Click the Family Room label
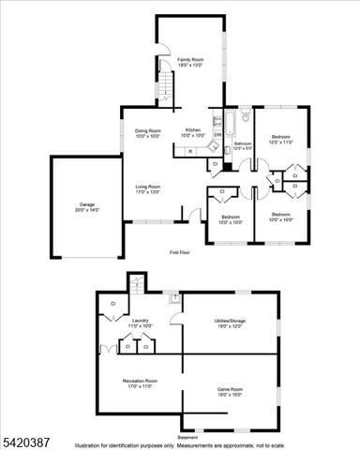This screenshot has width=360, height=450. pos(190,62)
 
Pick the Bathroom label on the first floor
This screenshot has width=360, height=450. pos(243,145)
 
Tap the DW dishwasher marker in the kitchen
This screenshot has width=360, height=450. pos(217,135)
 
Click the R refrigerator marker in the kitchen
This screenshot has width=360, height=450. pos(190,150)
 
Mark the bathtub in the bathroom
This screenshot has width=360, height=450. pos(229,122)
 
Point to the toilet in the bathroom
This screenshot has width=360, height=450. pos(246,117)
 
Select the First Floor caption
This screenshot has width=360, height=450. pos(180,253)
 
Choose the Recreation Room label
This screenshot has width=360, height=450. pos(140,382)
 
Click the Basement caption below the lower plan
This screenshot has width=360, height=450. pos(187,437)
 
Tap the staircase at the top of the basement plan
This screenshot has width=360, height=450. pos(137,282)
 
